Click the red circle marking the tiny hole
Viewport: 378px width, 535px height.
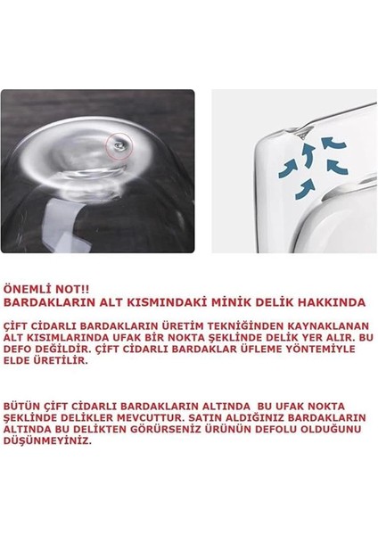point(117,144)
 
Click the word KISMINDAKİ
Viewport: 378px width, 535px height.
point(164,302)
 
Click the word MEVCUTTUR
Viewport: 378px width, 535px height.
point(165,417)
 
